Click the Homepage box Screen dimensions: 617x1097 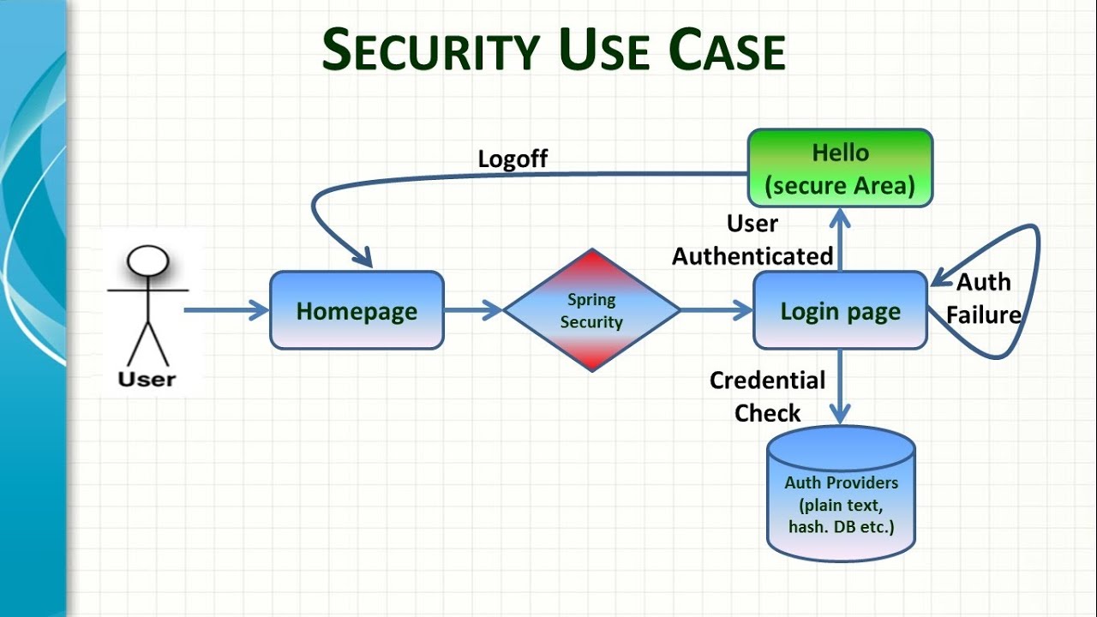[357, 310]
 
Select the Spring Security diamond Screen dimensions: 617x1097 [591, 310]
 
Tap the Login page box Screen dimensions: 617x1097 [840, 310]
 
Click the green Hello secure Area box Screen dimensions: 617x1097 [840, 169]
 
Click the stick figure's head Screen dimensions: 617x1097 [148, 260]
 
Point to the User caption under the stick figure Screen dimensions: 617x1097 [147, 379]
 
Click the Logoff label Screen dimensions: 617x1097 [513, 159]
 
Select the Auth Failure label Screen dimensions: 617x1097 [984, 298]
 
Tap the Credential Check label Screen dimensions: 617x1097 [767, 396]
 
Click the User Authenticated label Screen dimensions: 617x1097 [752, 240]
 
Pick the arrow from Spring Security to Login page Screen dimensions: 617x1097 [716, 310]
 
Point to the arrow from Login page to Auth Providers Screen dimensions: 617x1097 [841, 386]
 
